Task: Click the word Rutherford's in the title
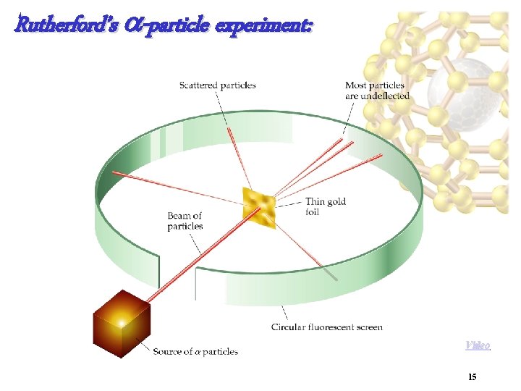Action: point(58,26)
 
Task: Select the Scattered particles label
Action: point(217,85)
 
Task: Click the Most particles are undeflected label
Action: point(377,91)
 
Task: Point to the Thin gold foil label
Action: point(326,206)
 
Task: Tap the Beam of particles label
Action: point(185,221)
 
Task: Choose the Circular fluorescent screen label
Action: point(326,327)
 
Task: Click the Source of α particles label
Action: point(195,352)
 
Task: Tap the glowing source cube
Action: point(121,323)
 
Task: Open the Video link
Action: point(477,345)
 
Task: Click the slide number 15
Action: point(472,377)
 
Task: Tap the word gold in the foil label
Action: point(336,201)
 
